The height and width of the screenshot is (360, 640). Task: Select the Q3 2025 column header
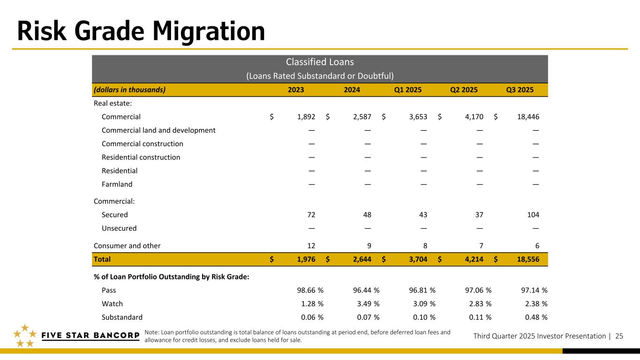point(520,90)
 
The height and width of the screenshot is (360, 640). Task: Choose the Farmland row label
point(117,184)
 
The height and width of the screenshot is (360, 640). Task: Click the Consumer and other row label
point(127,246)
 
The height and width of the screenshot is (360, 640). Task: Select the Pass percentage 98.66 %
point(307,290)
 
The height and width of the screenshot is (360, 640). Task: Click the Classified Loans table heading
point(320,62)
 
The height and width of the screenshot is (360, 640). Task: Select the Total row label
point(102,259)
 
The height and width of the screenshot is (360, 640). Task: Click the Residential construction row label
point(141,157)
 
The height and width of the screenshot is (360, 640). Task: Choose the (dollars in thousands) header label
point(129,90)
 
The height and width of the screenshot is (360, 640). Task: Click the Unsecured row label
point(119,228)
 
